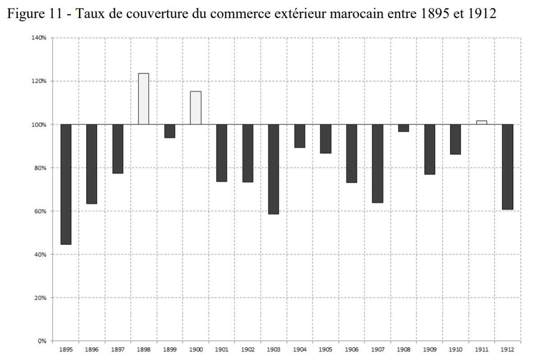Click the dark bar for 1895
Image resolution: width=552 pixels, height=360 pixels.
[x=66, y=184]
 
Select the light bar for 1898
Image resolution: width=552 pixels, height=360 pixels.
[x=143, y=99]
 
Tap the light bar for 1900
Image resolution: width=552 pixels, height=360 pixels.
[x=195, y=108]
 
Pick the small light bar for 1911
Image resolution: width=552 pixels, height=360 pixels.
[x=481, y=122]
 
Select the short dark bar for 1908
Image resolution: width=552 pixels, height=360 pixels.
[x=403, y=128]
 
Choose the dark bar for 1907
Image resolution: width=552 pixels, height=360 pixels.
[x=377, y=163]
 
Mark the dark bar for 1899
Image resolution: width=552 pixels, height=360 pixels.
[x=170, y=131]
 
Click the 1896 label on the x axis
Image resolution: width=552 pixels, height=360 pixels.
[x=92, y=349]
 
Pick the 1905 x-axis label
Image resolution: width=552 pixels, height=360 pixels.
[x=325, y=349]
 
